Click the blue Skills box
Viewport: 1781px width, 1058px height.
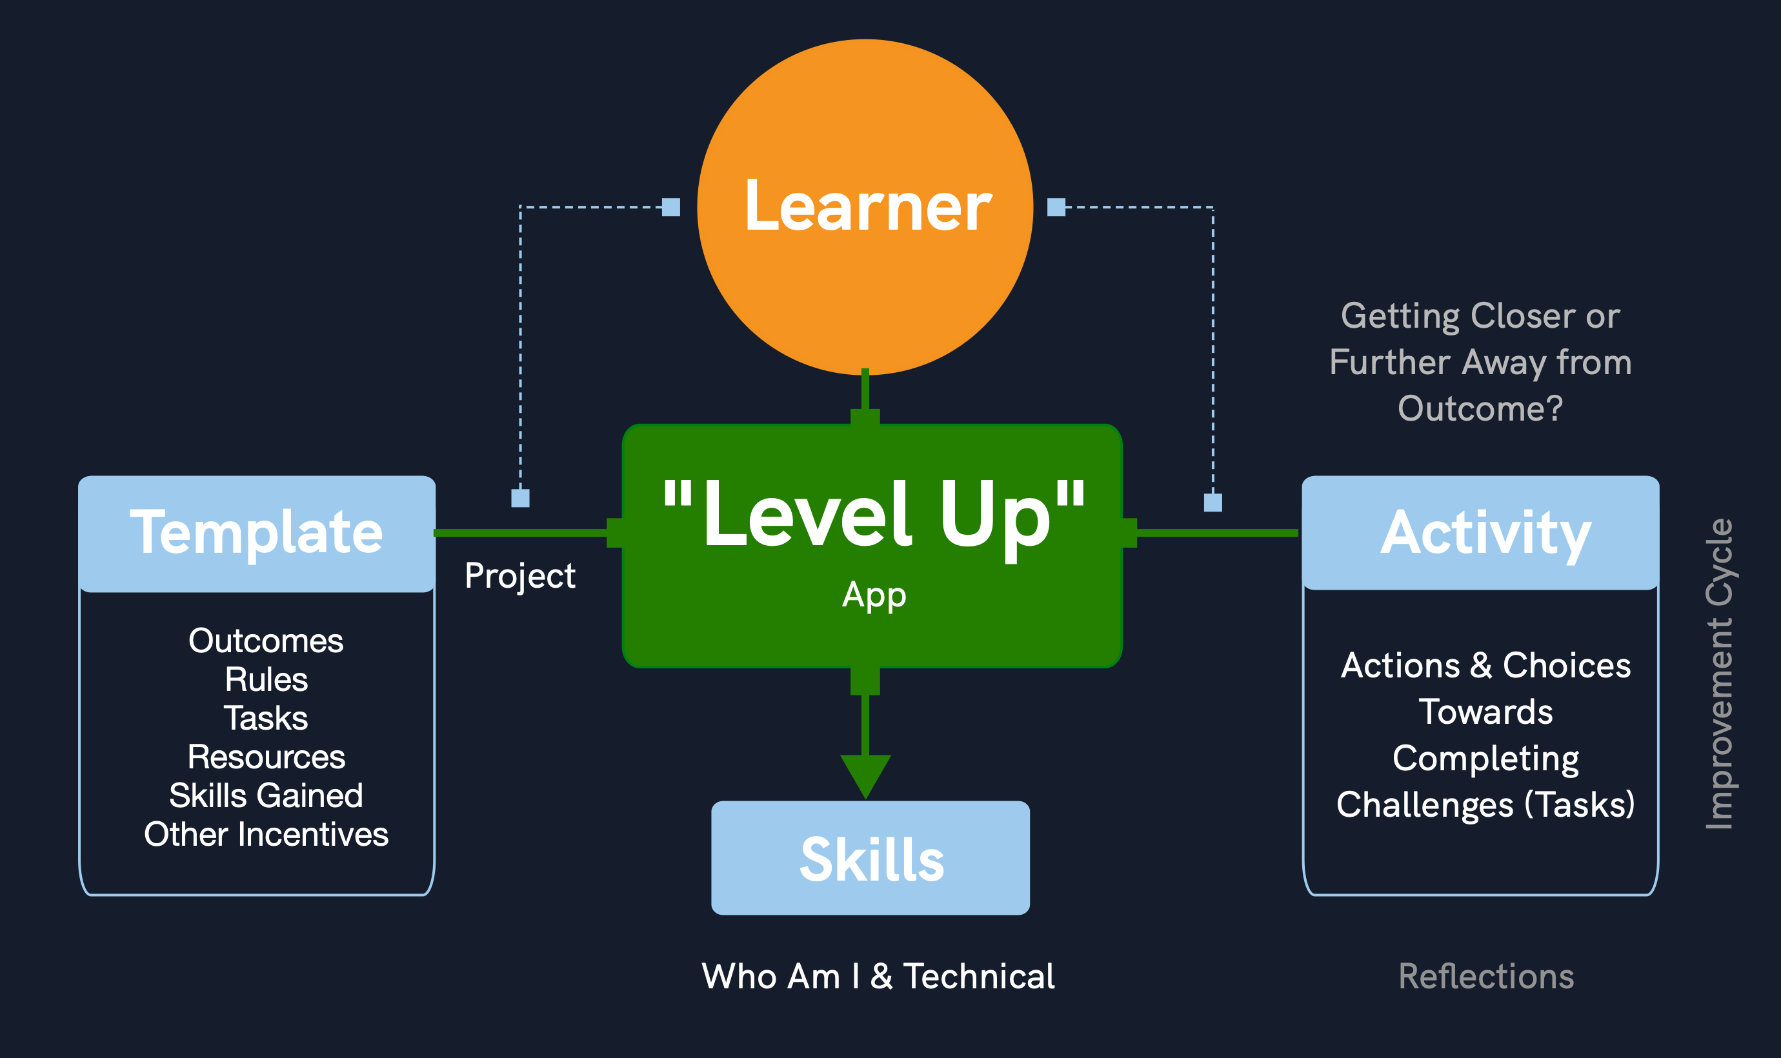[x=870, y=859]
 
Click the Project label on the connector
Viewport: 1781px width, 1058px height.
[x=519, y=575]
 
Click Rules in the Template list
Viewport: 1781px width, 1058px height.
[x=266, y=679]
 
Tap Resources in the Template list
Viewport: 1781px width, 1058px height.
[x=266, y=757]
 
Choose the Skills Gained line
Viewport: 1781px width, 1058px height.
[x=266, y=795]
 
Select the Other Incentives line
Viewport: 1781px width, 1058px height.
[x=266, y=834]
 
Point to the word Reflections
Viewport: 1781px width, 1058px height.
[x=1486, y=976]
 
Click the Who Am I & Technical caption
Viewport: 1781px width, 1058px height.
[x=878, y=976]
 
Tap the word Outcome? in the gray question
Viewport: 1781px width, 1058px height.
[x=1480, y=408]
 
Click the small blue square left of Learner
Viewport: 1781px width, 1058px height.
[x=671, y=208]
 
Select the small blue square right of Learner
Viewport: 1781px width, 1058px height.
[x=1056, y=208]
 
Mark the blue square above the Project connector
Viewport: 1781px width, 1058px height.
[x=521, y=498]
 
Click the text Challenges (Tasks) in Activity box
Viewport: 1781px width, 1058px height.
[x=1485, y=804]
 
